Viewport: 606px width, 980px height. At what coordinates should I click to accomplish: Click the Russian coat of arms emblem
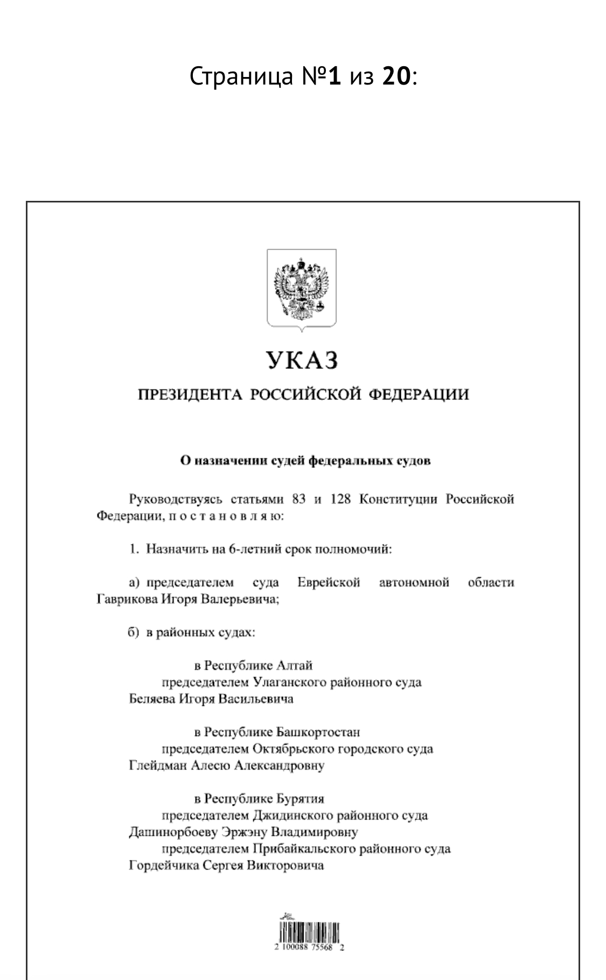click(x=301, y=288)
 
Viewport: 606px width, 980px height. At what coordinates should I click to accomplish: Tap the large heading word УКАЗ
click(x=302, y=360)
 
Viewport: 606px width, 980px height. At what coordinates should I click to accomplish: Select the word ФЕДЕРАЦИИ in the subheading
click(x=418, y=395)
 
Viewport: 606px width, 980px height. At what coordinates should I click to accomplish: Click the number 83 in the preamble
click(x=298, y=499)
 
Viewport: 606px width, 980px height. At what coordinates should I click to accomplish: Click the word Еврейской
click(x=328, y=583)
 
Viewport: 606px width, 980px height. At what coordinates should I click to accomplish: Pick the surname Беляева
click(x=152, y=699)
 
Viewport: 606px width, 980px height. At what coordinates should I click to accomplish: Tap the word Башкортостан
click(x=318, y=732)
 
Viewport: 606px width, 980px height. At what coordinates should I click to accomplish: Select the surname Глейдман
click(x=157, y=766)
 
